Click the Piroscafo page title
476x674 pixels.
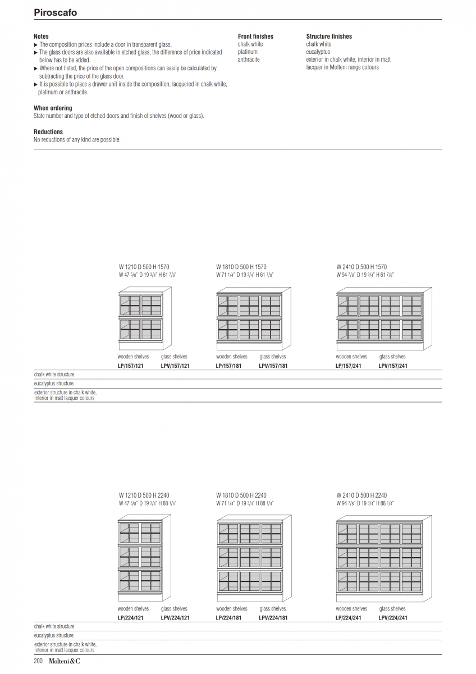point(55,12)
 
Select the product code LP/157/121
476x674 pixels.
point(131,366)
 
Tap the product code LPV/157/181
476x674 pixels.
point(273,366)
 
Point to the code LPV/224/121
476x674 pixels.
point(175,618)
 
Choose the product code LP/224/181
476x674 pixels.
point(229,618)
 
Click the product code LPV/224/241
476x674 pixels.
point(393,618)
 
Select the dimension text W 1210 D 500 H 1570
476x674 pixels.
point(144,267)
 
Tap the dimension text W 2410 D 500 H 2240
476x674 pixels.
point(361,495)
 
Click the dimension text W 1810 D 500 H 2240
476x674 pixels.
point(241,495)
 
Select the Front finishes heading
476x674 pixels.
point(255,37)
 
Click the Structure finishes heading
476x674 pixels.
point(329,37)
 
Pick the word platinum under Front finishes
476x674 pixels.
point(248,52)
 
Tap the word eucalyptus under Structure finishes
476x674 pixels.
point(318,52)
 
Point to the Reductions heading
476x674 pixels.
point(48,132)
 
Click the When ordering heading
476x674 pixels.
point(53,108)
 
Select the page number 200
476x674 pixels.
point(38,662)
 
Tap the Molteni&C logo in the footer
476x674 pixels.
point(64,662)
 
